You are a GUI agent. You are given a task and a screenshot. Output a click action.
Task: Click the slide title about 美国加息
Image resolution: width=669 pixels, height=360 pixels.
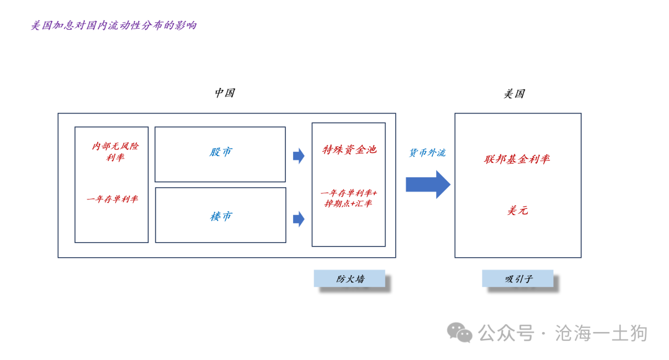click(114, 26)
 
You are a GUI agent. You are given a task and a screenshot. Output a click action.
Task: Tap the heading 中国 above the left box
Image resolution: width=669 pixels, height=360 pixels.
click(224, 93)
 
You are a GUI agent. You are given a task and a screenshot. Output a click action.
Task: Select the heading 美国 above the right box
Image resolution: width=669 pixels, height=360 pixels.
click(514, 94)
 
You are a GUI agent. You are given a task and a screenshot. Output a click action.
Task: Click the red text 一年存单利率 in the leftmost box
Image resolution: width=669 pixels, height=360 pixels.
click(112, 199)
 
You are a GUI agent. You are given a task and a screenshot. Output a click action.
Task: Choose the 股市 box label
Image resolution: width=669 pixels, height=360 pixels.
click(221, 152)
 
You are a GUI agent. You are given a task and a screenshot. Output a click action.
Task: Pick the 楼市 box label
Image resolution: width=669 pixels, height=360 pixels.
click(221, 216)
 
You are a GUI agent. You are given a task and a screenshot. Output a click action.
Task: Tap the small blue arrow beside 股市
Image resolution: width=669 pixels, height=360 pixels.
click(299, 156)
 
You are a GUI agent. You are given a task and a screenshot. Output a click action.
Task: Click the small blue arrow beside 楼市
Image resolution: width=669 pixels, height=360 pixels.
click(299, 219)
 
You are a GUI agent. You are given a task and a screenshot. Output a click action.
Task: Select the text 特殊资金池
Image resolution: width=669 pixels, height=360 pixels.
click(349, 150)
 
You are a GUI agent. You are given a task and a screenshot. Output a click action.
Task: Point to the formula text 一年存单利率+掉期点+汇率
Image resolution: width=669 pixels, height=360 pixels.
click(349, 198)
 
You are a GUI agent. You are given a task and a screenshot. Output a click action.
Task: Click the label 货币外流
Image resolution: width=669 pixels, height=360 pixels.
click(427, 152)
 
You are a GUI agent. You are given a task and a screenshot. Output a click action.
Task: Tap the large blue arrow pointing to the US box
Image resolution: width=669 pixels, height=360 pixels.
click(428, 184)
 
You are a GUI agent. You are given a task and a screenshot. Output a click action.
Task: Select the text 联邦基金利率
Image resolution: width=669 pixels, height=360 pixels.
click(517, 159)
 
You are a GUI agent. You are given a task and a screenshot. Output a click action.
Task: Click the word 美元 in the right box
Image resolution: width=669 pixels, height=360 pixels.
click(517, 211)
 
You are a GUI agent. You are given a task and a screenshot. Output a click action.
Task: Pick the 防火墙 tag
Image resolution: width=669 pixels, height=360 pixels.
click(350, 279)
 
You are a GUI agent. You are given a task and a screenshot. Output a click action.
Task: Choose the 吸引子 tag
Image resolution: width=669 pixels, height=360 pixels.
click(518, 279)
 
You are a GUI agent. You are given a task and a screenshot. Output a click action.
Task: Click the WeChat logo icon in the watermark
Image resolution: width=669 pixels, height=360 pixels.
click(460, 333)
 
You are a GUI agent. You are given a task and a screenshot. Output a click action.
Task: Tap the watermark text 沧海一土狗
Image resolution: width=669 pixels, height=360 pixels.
click(601, 333)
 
